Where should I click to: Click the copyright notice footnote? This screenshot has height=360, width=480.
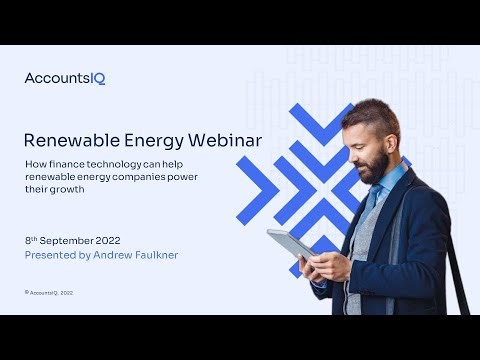(50, 292)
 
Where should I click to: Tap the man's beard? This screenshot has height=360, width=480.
(373, 168)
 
